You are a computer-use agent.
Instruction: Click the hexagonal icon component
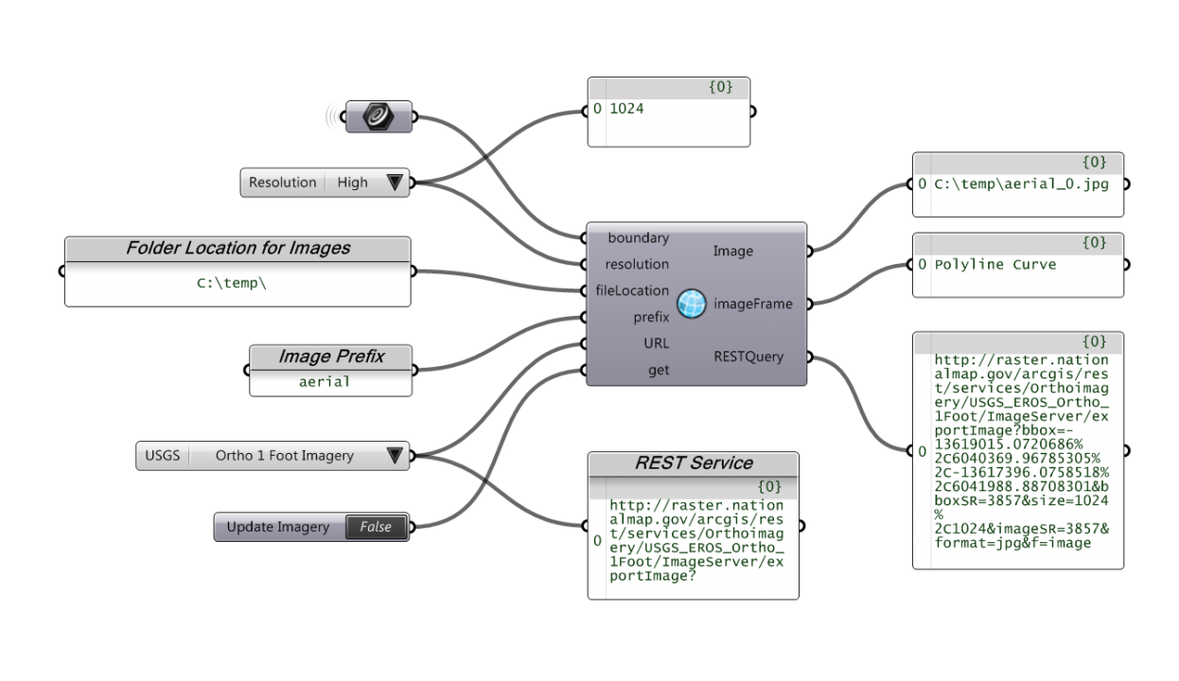pos(378,116)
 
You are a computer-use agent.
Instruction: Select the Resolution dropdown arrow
pos(395,183)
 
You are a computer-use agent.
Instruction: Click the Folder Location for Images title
pos(238,249)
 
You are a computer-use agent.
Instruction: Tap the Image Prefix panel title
pos(331,357)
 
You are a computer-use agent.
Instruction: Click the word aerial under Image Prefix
pos(325,382)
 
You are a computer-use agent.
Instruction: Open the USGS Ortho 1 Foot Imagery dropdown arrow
pos(395,456)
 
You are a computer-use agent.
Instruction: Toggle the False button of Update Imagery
pos(376,527)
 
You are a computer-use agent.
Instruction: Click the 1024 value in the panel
pos(626,109)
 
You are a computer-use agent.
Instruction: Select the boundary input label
pos(638,238)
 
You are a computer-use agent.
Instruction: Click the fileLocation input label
pos(632,290)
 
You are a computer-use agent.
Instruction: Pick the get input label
pos(659,370)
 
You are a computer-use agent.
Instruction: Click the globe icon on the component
pos(692,304)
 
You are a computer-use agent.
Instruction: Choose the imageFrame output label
pos(753,304)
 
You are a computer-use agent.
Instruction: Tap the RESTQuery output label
pos(748,357)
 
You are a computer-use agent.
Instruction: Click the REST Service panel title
pos(694,463)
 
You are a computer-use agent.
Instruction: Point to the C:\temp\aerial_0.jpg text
pos(1021,184)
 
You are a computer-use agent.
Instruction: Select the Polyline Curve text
pos(982,265)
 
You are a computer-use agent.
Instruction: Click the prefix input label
pos(651,317)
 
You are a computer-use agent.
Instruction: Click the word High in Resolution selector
pos(352,183)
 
